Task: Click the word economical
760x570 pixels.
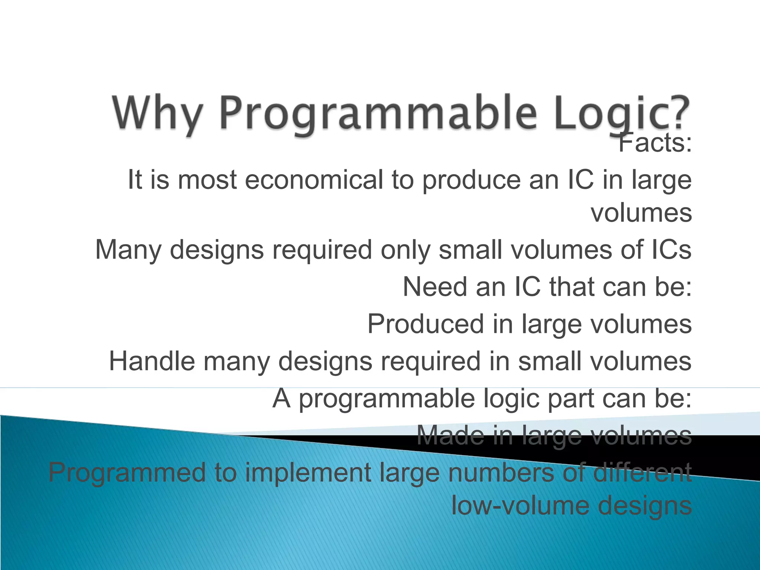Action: (314, 180)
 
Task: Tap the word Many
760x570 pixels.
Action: (128, 250)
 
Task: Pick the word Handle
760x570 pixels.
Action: (151, 361)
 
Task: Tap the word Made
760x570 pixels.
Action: (450, 435)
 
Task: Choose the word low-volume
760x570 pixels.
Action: (520, 506)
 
